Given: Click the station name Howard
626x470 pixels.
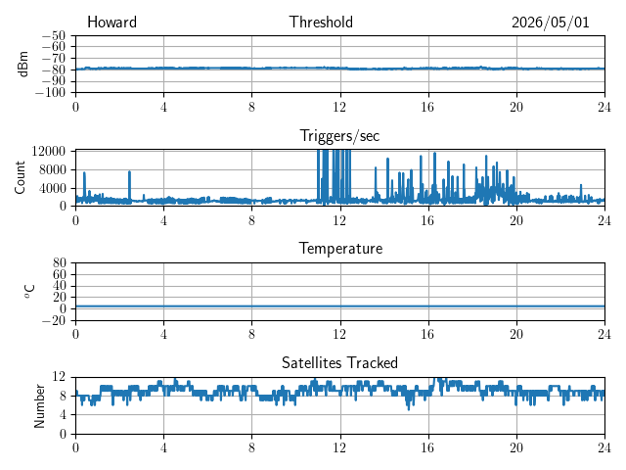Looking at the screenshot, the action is pos(112,22).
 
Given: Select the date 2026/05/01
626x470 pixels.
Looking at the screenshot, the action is pos(551,23).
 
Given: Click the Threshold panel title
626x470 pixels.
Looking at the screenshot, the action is pos(321,22).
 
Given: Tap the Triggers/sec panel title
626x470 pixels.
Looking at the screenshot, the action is pos(339,136).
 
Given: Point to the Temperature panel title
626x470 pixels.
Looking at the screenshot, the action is pos(340,249).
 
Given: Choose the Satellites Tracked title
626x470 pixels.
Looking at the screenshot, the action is pos(339,362).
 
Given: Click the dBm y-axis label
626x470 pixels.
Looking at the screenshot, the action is pos(22,64).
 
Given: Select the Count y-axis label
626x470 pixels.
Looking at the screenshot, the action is pos(20,177).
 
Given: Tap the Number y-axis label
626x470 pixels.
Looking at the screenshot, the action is pos(39,406).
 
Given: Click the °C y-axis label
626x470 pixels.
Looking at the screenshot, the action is pos(29,292).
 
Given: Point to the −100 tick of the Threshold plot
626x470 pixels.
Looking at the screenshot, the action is pos(50,93).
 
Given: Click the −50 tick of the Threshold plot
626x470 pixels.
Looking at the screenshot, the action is pos(54,36).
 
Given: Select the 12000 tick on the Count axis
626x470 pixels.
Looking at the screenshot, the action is pos(49,151).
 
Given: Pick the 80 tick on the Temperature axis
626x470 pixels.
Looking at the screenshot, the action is pos(59,263).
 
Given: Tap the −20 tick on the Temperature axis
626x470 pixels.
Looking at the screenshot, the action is pos(54,320).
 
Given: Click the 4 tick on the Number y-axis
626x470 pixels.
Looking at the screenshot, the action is pos(63,414).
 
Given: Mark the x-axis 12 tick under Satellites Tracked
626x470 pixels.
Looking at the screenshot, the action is pos(339,447).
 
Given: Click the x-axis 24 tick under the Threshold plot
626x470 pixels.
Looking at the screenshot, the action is pos(604,107).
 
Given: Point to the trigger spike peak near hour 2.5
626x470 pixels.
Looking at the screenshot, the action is pos(129,172).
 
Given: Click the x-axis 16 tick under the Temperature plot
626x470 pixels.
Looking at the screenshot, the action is pos(428,334).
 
